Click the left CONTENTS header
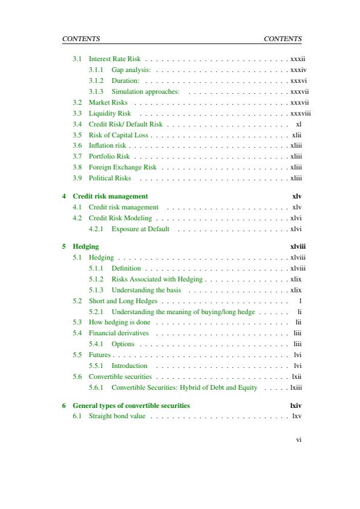[81, 39]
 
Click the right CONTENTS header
[283, 39]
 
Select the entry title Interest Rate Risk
[114, 59]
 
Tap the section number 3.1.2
[96, 81]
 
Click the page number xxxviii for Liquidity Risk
[300, 113]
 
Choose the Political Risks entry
[110, 179]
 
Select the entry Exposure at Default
[140, 229]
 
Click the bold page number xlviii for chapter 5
[298, 247]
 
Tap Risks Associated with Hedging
[157, 280]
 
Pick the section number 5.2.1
[96, 312]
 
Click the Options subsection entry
[123, 344]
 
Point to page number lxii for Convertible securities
[296, 377]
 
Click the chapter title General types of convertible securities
[131, 406]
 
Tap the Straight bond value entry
[117, 416]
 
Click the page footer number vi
[298, 440]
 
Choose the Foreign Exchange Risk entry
[122, 168]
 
